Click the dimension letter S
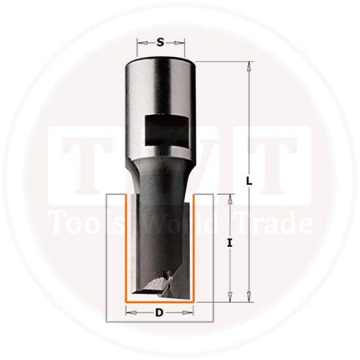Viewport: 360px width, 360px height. pyautogui.click(x=160, y=43)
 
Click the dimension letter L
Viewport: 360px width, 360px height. pyautogui.click(x=249, y=181)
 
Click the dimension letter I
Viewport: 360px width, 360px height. pyautogui.click(x=229, y=244)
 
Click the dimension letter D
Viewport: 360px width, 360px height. pyautogui.click(x=159, y=313)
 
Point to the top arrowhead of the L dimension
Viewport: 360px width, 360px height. pyautogui.click(x=249, y=66)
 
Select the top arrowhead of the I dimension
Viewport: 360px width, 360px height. pyautogui.click(x=229, y=198)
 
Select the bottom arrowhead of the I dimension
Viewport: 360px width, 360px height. pyautogui.click(x=229, y=297)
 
